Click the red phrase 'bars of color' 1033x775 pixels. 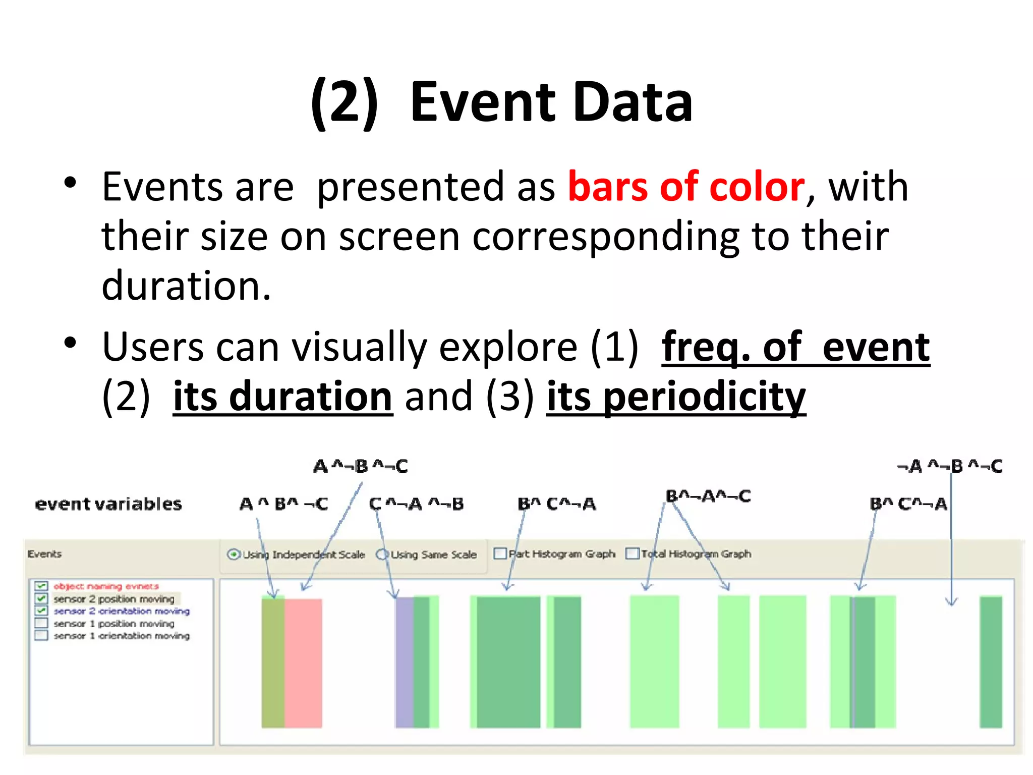(686, 187)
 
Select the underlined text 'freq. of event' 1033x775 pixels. (795, 348)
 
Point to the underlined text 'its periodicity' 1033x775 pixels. (676, 397)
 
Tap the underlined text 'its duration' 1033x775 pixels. (282, 397)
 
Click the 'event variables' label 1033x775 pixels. (108, 504)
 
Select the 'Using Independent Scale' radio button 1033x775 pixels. (233, 555)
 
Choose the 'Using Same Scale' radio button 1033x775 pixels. (382, 555)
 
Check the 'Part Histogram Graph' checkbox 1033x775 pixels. (500, 553)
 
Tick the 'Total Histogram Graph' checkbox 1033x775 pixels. (632, 553)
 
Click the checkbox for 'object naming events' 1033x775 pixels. (41, 586)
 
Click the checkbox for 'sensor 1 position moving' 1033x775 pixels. (41, 623)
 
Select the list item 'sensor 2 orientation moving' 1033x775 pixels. (122, 611)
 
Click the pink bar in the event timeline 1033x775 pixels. (303, 663)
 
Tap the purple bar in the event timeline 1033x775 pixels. (404, 663)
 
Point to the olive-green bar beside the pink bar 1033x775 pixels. (273, 663)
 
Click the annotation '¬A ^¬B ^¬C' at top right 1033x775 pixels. (949, 466)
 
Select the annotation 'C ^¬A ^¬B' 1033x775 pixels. (416, 504)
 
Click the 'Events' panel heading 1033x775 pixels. (44, 554)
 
